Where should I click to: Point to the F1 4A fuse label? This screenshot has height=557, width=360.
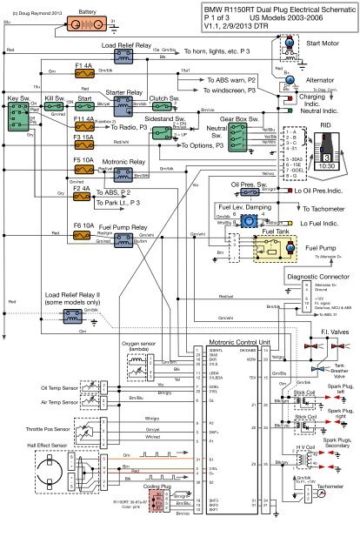(84, 64)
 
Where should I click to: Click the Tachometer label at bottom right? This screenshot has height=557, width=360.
(329, 511)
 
